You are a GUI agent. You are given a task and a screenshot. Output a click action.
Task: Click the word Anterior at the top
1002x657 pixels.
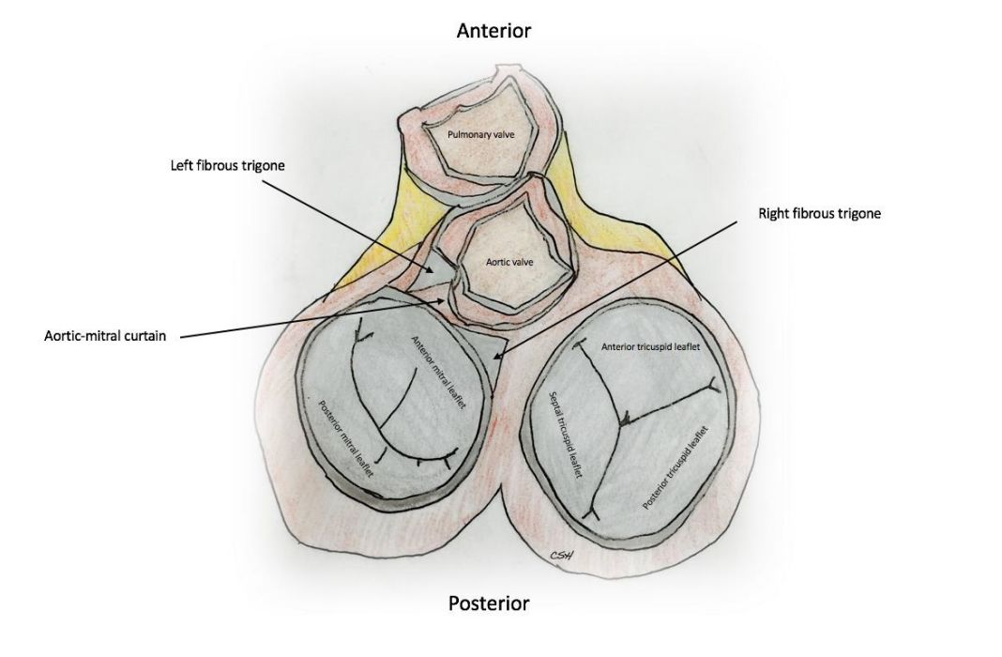coord(493,31)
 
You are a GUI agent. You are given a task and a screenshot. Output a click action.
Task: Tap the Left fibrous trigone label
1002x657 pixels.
coord(227,165)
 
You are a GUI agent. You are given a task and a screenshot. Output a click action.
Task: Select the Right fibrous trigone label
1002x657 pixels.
coord(819,214)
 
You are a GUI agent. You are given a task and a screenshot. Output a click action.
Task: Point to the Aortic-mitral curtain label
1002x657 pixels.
coord(105,335)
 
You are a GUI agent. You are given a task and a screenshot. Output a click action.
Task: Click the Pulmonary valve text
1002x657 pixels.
coord(479,135)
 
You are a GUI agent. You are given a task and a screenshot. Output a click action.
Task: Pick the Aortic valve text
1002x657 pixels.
coord(509,262)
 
